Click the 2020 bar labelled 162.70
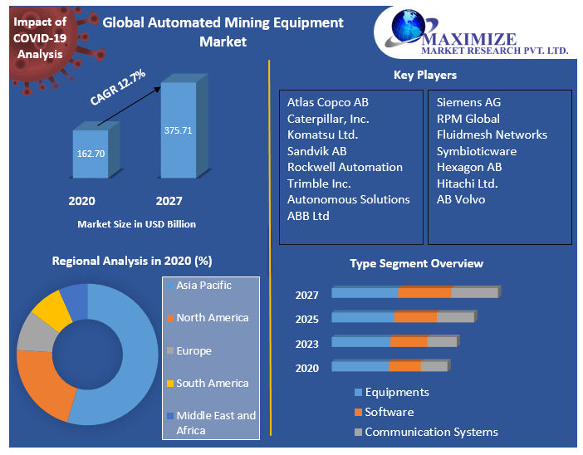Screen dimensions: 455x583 [x=90, y=154]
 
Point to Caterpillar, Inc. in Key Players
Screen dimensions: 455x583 [x=328, y=119]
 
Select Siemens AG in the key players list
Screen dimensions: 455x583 [x=468, y=103]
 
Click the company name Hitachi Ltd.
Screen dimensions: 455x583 [x=468, y=183]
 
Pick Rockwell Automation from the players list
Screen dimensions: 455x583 [x=345, y=167]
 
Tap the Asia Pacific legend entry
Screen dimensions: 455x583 [x=203, y=286]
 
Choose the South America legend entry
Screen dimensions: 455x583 [x=212, y=384]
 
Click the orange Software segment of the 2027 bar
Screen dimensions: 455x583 [x=424, y=292]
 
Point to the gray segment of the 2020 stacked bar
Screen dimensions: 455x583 [x=434, y=366]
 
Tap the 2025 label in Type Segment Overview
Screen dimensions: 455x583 [x=306, y=320]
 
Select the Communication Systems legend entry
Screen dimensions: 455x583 [x=431, y=432]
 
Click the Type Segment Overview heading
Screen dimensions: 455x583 [x=416, y=263]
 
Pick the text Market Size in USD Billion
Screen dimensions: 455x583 [x=137, y=224]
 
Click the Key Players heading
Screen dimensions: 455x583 [x=424, y=76]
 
